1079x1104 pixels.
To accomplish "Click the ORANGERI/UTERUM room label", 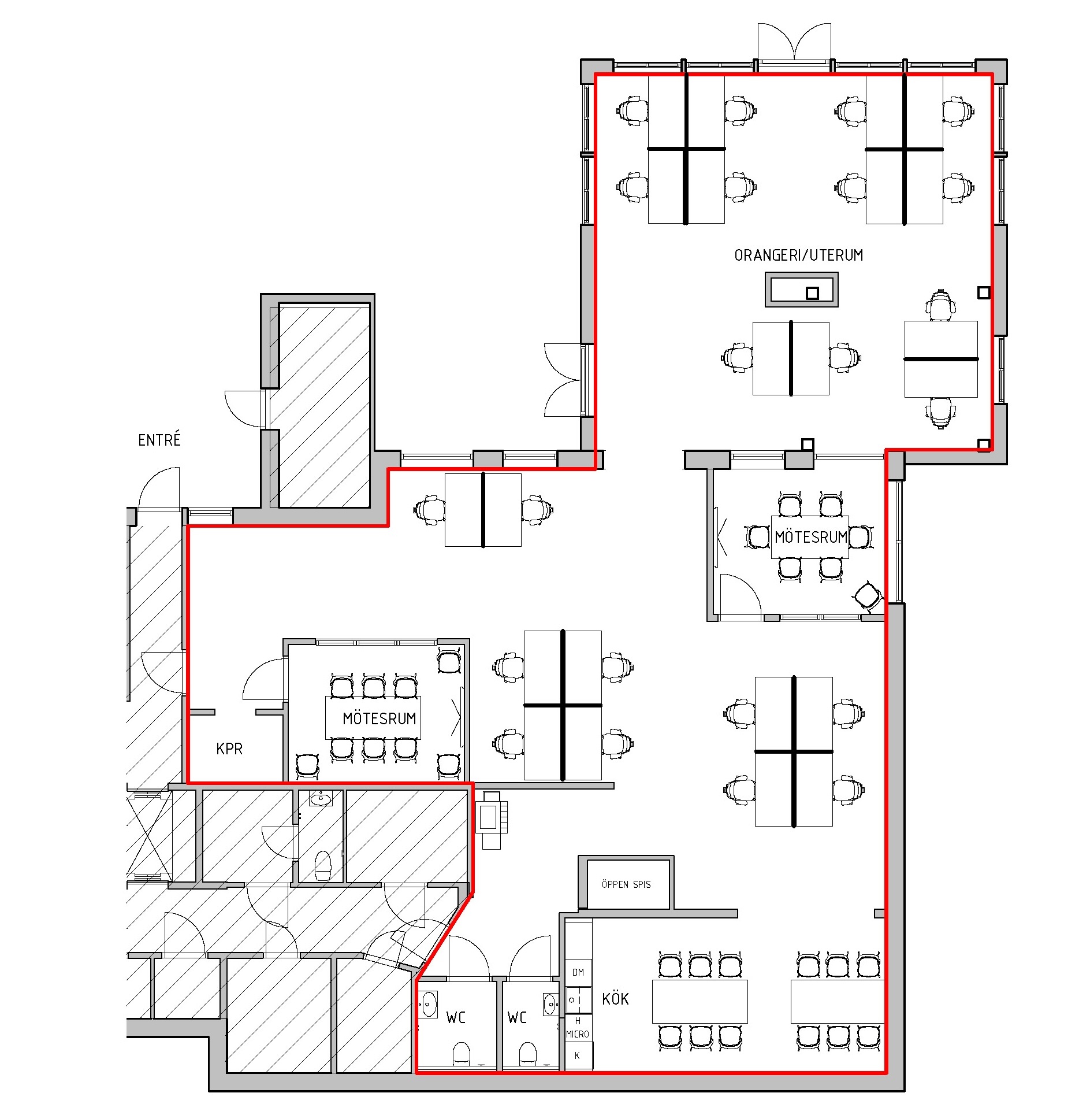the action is (x=798, y=255).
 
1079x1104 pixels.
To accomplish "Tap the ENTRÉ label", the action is (x=159, y=440).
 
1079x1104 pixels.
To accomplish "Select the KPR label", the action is (x=229, y=749).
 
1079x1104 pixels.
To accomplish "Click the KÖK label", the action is (x=615, y=999).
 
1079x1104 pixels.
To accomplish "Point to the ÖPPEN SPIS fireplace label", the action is (x=626, y=884).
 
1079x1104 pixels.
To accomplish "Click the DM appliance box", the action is (x=578, y=972).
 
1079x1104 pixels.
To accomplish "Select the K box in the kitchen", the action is (x=578, y=1056).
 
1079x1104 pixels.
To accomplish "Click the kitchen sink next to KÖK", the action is (x=578, y=999).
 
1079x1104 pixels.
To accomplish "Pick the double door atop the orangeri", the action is (x=794, y=42).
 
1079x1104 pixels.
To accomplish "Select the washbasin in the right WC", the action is (x=550, y=1004).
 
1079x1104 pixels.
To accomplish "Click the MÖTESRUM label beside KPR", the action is (x=379, y=718).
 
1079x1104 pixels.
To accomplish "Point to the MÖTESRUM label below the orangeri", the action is (x=811, y=537).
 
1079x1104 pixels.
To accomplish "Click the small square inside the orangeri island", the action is (x=812, y=293).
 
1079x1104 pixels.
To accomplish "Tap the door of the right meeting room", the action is (x=740, y=595).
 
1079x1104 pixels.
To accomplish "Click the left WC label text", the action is (x=456, y=1018).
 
